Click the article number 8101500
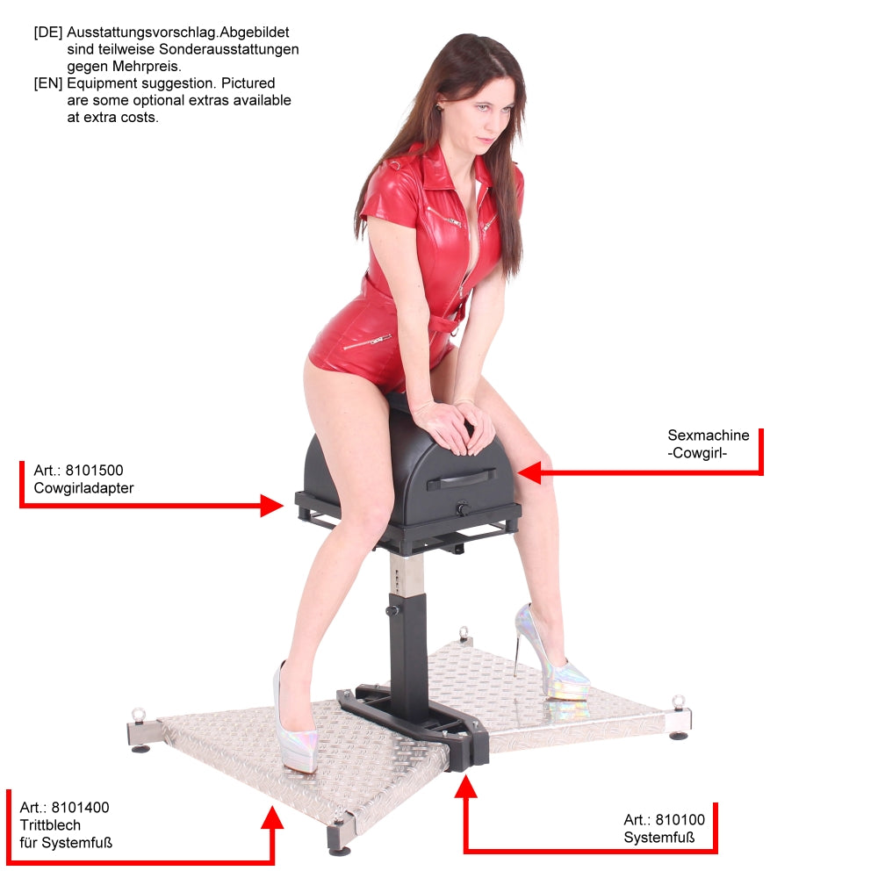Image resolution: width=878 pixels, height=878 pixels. tap(94, 471)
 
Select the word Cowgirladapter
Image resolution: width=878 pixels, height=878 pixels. tap(83, 488)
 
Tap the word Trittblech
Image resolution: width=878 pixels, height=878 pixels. tap(50, 824)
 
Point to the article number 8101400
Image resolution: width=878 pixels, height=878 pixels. tap(80, 808)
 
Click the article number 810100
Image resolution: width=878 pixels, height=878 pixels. tap(680, 820)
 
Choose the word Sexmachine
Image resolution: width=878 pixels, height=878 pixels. tap(709, 435)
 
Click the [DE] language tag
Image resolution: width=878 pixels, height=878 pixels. tap(48, 32)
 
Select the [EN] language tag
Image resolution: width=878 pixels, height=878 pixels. tap(48, 83)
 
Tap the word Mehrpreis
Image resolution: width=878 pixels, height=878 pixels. tap(148, 67)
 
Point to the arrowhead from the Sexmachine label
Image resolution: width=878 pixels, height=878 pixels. tap(529, 472)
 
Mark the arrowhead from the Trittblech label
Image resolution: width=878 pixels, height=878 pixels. tap(272, 817)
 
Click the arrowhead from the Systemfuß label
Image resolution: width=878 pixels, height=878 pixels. tap(465, 786)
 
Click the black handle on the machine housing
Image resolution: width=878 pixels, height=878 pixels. tap(461, 480)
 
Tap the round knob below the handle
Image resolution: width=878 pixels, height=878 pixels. tap(463, 509)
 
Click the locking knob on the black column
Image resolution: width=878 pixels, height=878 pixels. tap(392, 610)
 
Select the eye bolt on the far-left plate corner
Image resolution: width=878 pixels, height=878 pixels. tap(138, 715)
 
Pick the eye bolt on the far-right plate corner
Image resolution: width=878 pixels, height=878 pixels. tap(678, 702)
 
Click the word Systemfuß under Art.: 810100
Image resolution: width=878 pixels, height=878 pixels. tap(659, 838)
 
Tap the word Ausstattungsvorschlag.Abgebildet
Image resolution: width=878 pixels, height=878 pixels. tap(178, 32)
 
